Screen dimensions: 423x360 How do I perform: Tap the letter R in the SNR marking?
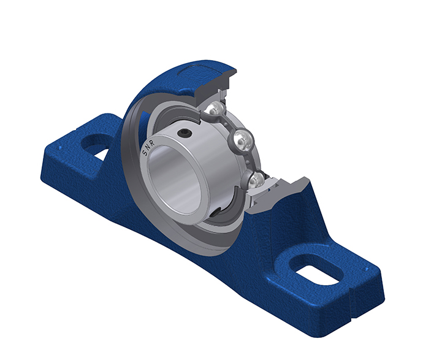[x=152, y=144]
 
